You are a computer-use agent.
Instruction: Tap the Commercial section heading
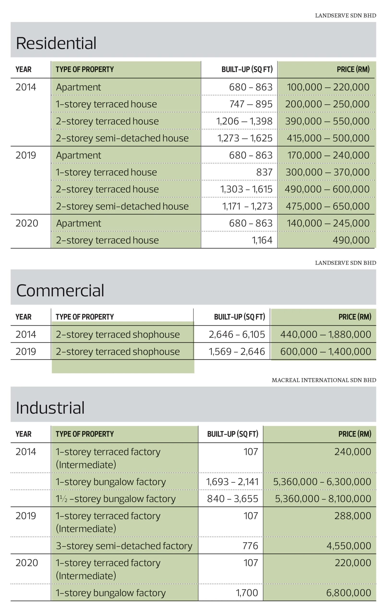click(60, 290)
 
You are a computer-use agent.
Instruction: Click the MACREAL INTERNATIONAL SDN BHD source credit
click(324, 380)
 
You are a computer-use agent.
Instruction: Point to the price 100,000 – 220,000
click(328, 87)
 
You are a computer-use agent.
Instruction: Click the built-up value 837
click(264, 172)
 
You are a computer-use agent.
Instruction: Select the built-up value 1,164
click(262, 240)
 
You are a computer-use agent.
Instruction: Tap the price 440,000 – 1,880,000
click(326, 334)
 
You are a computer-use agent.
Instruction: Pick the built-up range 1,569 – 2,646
click(237, 351)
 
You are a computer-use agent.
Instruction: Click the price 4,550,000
click(349, 546)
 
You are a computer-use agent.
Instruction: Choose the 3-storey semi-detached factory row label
click(124, 546)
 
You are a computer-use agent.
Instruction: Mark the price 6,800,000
click(349, 593)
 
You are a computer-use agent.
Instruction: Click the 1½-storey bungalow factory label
click(116, 499)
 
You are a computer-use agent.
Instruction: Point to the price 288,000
click(353, 516)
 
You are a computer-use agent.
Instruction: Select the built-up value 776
click(250, 546)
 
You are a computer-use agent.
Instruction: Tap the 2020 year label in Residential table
click(27, 223)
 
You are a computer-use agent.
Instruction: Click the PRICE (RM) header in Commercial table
click(355, 317)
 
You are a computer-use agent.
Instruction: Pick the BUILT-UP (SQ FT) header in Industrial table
click(233, 434)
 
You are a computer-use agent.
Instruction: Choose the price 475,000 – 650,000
click(328, 206)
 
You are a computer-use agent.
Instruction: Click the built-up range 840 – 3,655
click(233, 499)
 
